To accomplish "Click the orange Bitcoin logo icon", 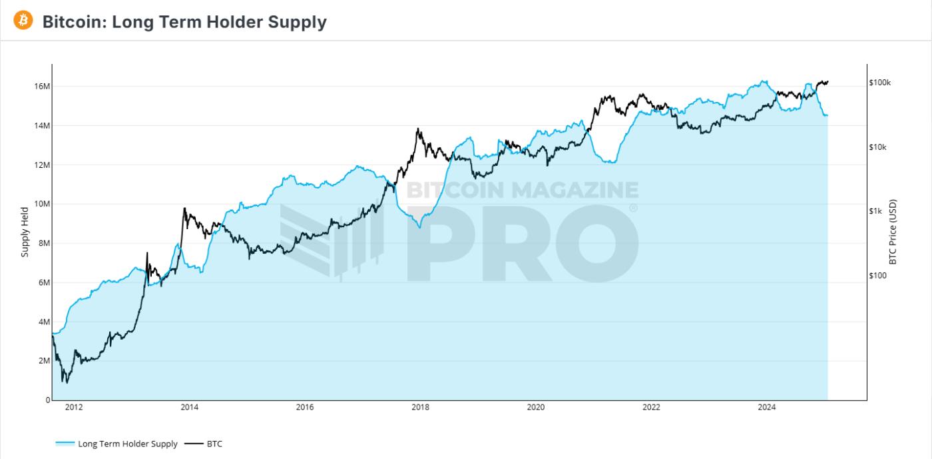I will click(x=23, y=21).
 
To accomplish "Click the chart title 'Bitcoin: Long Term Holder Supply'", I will click(x=184, y=22).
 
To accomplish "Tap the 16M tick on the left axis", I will click(x=42, y=87).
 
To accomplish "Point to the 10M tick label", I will click(x=42, y=205).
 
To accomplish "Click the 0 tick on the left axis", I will click(x=47, y=400).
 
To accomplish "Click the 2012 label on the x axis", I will click(x=74, y=408).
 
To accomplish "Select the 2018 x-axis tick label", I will click(x=420, y=408).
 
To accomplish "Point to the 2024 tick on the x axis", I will click(x=767, y=408).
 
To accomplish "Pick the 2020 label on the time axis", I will click(x=536, y=408).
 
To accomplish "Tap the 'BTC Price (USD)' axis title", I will click(x=893, y=232).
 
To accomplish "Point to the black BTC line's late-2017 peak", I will click(x=417, y=129).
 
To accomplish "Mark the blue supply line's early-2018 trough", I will click(x=419, y=228).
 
